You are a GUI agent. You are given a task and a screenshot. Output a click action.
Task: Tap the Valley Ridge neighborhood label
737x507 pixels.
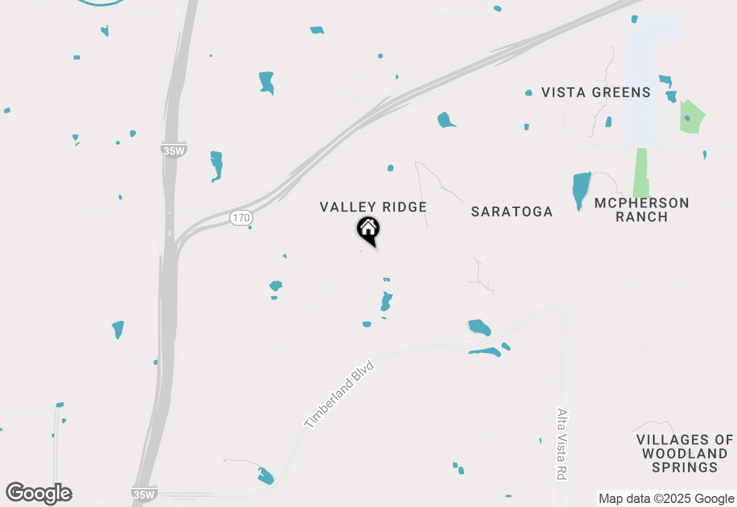(373, 207)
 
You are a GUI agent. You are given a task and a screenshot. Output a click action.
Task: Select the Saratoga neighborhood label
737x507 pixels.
(512, 211)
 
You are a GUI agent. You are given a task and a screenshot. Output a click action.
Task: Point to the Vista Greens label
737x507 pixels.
(596, 92)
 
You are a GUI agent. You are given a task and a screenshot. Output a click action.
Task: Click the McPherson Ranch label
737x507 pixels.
(641, 210)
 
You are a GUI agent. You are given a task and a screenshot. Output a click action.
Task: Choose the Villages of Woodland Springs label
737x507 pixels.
(685, 453)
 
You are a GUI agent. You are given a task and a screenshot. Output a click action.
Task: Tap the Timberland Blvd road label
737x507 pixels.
(339, 395)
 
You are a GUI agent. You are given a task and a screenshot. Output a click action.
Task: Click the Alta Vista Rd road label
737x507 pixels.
(561, 444)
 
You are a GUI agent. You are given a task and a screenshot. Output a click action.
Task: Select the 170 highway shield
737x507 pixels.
(241, 218)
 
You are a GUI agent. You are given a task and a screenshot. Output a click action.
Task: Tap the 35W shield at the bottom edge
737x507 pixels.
(144, 494)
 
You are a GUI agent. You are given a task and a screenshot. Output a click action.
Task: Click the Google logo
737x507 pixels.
(39, 493)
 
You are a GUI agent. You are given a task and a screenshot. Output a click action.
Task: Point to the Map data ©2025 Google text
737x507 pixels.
(666, 499)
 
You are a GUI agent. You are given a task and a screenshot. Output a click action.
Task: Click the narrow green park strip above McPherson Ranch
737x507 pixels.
(641, 173)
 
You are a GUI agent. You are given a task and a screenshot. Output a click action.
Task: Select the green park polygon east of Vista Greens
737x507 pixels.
(691, 117)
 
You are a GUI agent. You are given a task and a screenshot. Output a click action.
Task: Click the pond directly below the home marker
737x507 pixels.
(386, 301)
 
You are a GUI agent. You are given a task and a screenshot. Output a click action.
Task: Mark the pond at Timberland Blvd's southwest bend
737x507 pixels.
(265, 476)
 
